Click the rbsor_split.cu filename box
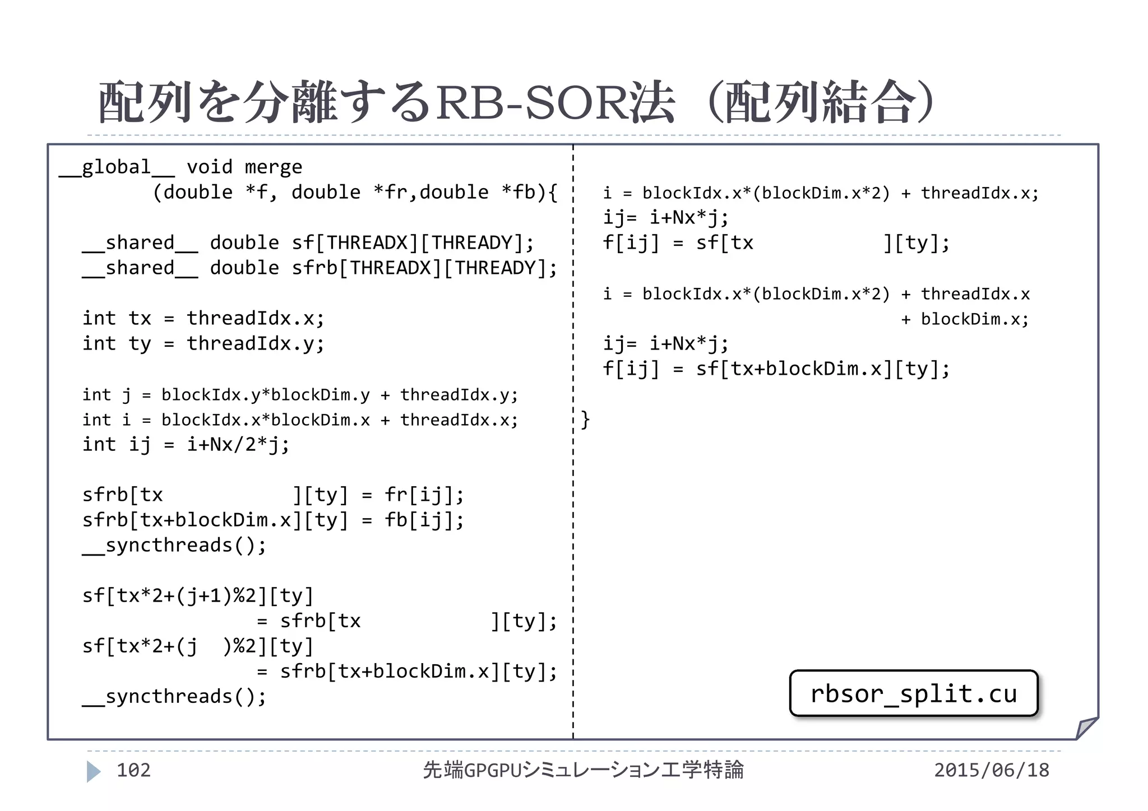click(913, 693)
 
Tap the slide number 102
click(133, 770)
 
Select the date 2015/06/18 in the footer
click(991, 770)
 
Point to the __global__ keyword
click(117, 167)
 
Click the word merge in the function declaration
click(274, 167)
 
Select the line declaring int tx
click(203, 318)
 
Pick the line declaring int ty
click(203, 343)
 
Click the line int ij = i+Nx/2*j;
click(186, 444)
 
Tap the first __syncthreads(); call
click(174, 545)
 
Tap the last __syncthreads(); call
click(174, 696)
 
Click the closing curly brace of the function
click(585, 419)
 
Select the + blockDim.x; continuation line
click(964, 319)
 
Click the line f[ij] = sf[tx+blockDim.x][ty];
click(776, 369)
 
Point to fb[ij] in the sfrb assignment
click(424, 520)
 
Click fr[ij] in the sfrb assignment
click(424, 495)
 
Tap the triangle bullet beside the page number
click(94, 771)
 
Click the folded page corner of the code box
click(1086, 728)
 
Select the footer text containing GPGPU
click(583, 770)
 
